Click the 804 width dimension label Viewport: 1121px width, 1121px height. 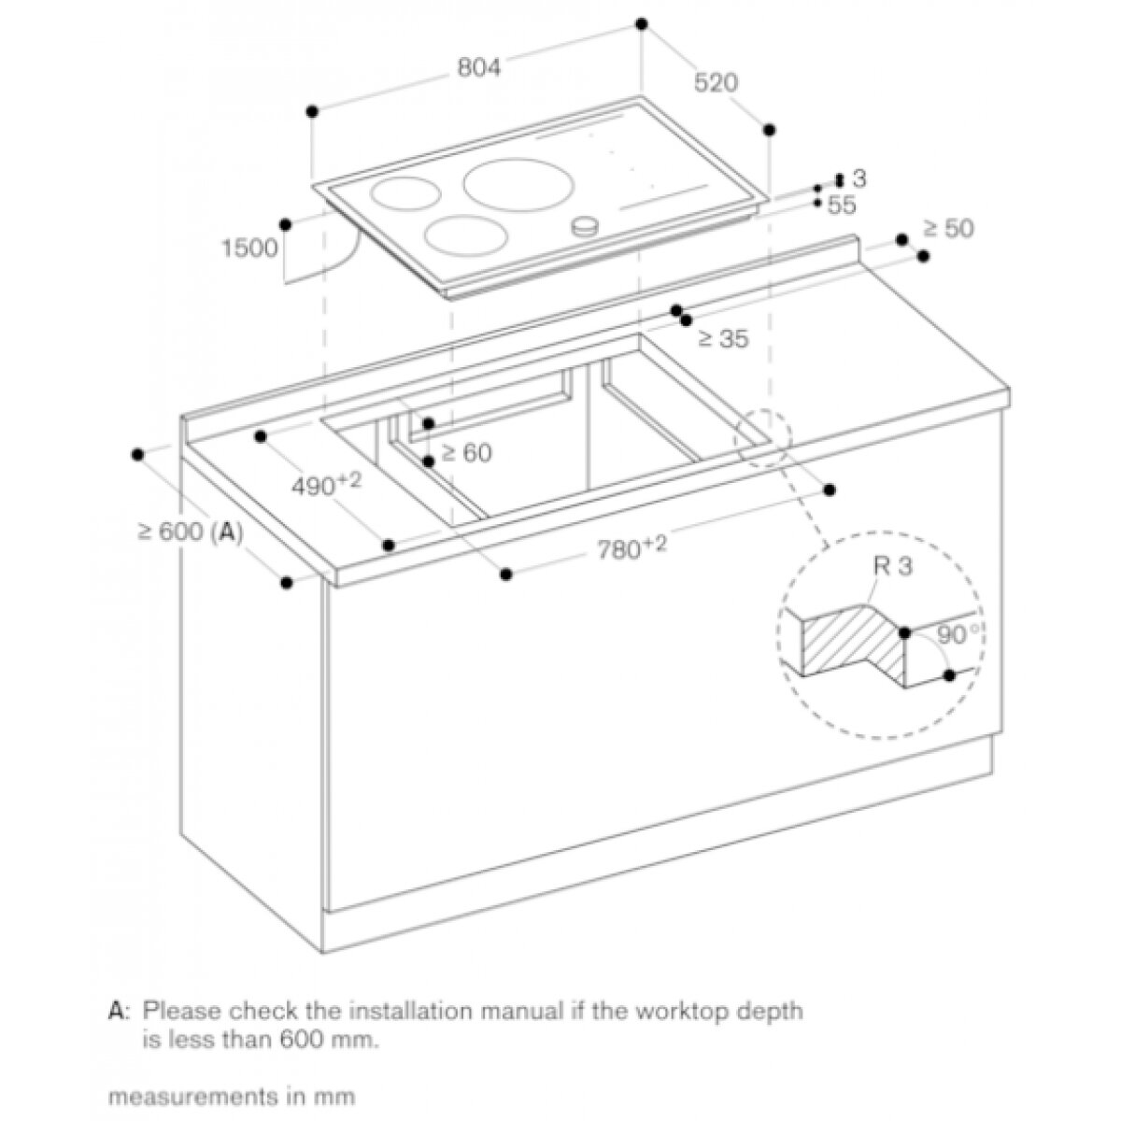(480, 67)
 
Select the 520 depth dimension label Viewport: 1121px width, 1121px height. (717, 83)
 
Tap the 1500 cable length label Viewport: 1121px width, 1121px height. (249, 248)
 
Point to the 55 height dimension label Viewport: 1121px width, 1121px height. (842, 203)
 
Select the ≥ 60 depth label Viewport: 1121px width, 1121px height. (466, 453)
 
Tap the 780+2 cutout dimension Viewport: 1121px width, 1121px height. (631, 550)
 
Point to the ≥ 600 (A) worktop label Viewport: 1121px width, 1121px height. (191, 532)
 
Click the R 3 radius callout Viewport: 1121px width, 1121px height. (891, 566)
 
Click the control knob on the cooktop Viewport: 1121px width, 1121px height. (586, 225)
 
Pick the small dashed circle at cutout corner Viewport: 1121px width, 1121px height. (762, 435)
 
